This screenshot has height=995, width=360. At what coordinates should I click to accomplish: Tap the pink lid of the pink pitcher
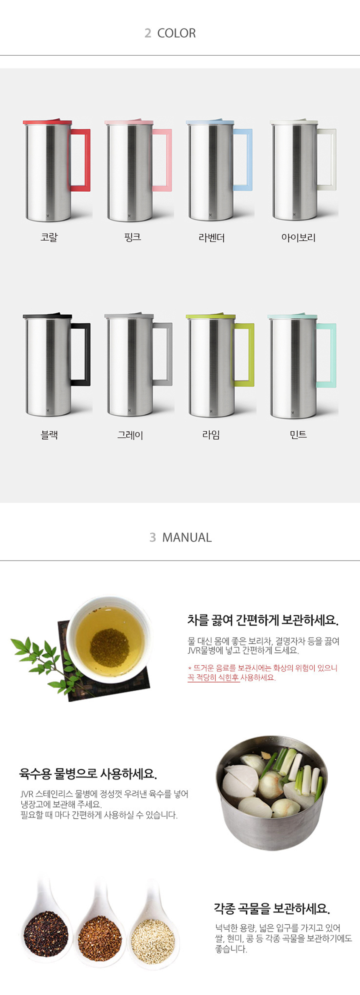(129, 122)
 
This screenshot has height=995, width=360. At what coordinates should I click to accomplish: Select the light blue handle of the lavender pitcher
(250, 159)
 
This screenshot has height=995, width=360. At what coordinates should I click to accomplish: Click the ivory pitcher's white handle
(333, 159)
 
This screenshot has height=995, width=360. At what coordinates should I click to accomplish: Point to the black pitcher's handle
(87, 354)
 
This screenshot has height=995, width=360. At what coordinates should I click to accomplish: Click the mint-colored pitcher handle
(333, 355)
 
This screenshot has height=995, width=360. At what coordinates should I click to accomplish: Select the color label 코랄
(49, 237)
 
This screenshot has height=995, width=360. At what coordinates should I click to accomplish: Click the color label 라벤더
(211, 238)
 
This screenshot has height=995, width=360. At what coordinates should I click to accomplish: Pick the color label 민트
(298, 435)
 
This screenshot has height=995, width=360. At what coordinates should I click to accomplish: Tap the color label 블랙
(49, 435)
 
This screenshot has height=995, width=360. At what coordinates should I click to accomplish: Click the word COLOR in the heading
(176, 33)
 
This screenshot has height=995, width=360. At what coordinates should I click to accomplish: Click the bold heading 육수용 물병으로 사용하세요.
(88, 774)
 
